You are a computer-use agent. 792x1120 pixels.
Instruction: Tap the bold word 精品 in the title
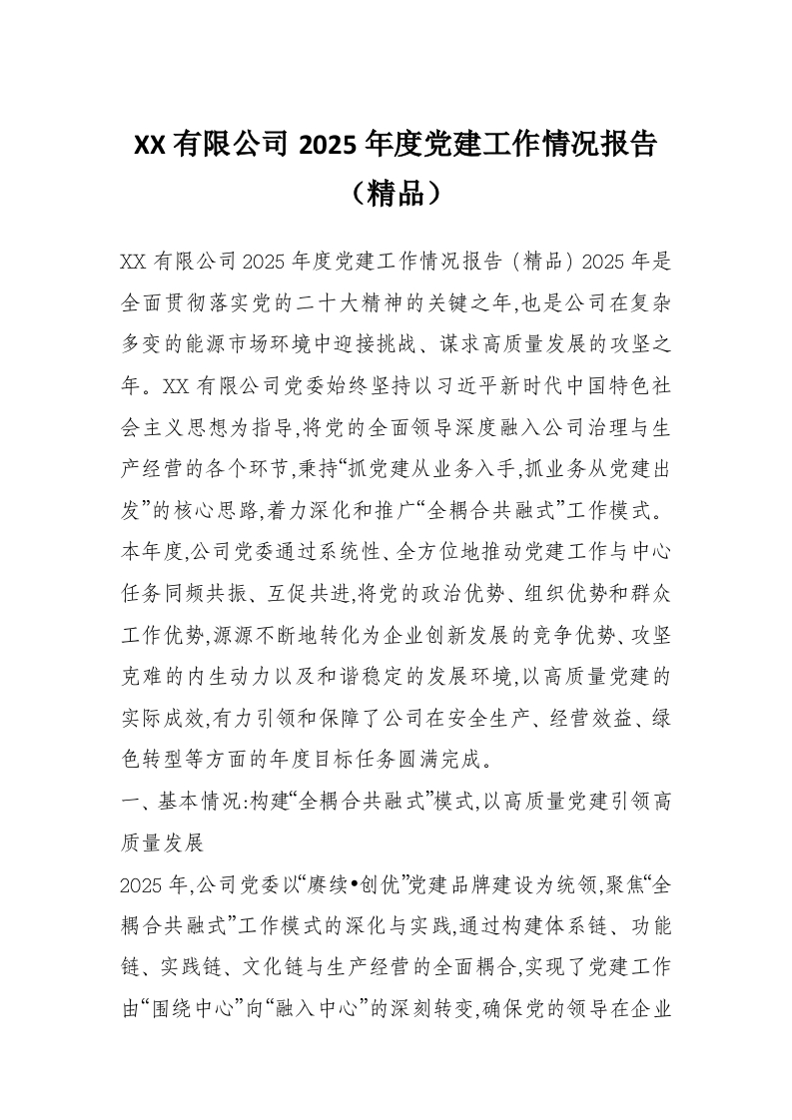click(x=396, y=192)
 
